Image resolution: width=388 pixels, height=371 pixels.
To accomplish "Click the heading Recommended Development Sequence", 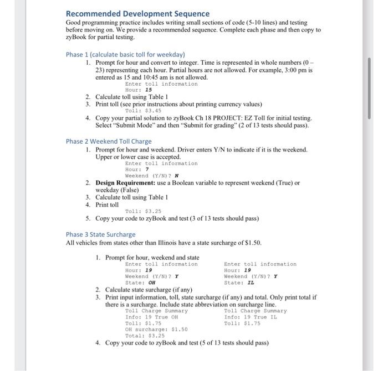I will (137, 13).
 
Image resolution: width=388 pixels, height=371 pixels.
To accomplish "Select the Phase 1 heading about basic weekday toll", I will (125, 55).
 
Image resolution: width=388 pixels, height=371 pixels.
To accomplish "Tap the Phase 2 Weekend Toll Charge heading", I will (108, 141).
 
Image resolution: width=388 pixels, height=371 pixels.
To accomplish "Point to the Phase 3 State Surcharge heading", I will (100, 234).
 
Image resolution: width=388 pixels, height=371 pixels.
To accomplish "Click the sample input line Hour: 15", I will (139, 90).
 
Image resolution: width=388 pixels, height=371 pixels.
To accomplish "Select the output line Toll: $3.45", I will (143, 111).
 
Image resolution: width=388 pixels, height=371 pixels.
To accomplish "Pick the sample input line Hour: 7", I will (137, 170).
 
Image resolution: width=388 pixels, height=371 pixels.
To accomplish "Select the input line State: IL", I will (239, 283).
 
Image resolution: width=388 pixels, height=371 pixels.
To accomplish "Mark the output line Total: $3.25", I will (145, 336).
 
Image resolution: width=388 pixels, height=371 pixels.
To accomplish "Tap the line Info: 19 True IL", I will (251, 317).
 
